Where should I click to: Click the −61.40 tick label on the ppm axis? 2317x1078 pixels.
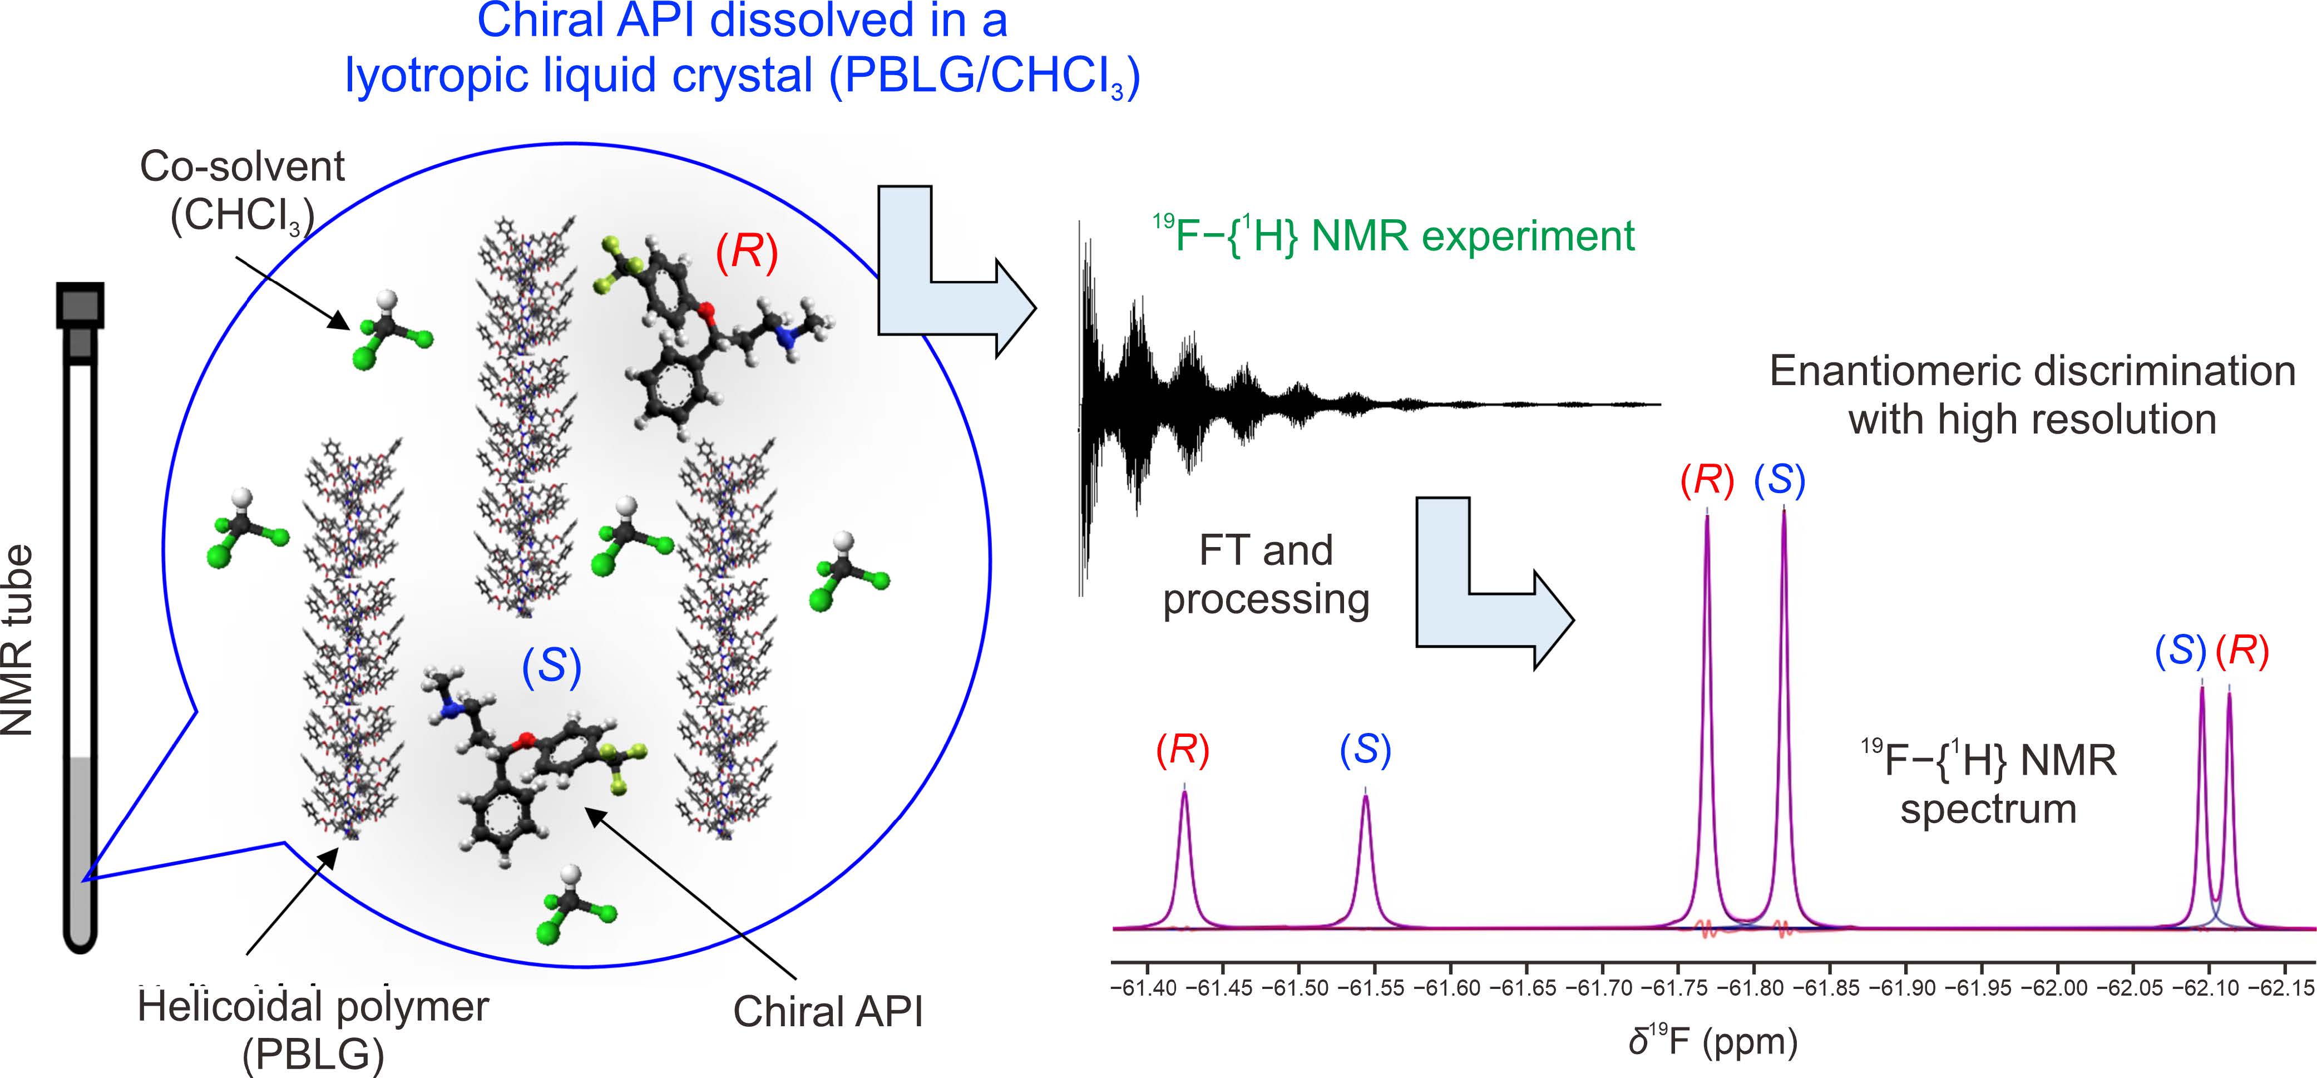[1144, 988]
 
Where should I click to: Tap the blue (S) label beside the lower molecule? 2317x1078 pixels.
[551, 666]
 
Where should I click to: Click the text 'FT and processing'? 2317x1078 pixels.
[1266, 575]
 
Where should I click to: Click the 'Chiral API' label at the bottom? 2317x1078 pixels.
[828, 1011]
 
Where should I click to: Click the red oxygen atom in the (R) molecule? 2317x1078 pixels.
[707, 311]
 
